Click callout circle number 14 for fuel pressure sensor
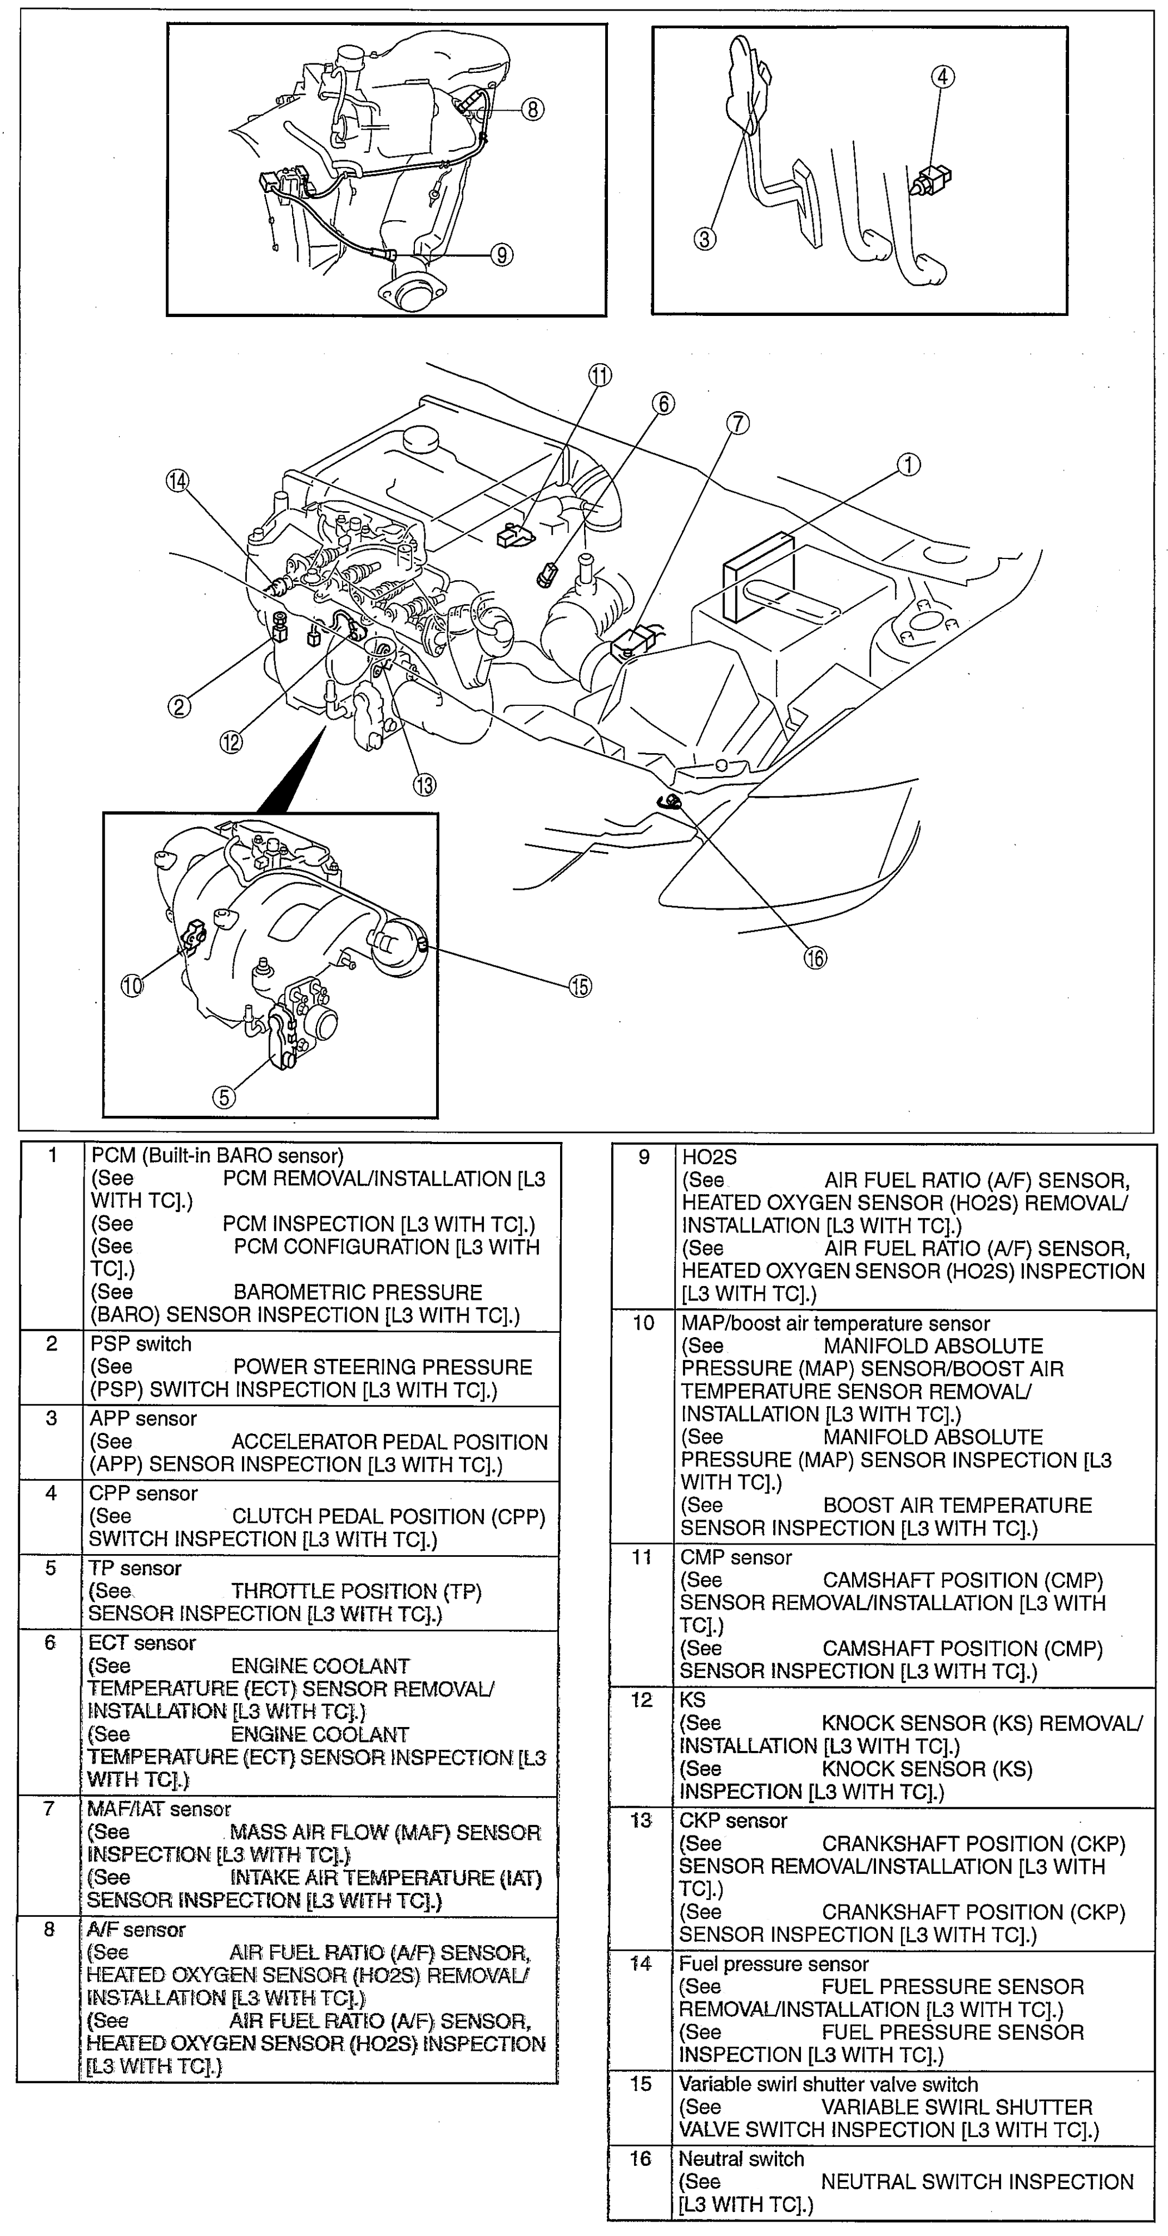(x=178, y=482)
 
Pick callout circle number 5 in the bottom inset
(x=224, y=1097)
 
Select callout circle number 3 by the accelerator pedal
(x=705, y=238)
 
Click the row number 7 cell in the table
(x=50, y=1808)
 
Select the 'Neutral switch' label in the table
(x=741, y=2159)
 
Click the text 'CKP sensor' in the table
(x=733, y=1820)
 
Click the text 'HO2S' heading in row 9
(x=709, y=1157)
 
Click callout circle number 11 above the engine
(x=600, y=375)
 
